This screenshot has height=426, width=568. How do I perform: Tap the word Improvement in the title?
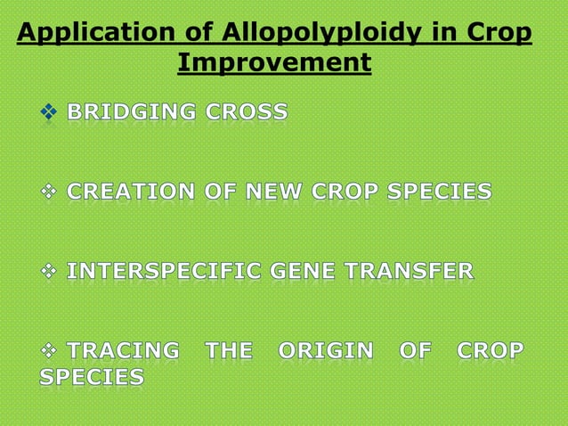tap(274, 63)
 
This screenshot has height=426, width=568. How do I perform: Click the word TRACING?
tap(123, 350)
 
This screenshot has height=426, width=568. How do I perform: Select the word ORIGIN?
tap(326, 350)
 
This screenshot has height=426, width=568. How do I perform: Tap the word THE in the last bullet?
tap(229, 350)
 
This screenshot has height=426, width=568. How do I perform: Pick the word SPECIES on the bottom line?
tap(92, 378)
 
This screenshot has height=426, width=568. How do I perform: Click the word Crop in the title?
tap(501, 34)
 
